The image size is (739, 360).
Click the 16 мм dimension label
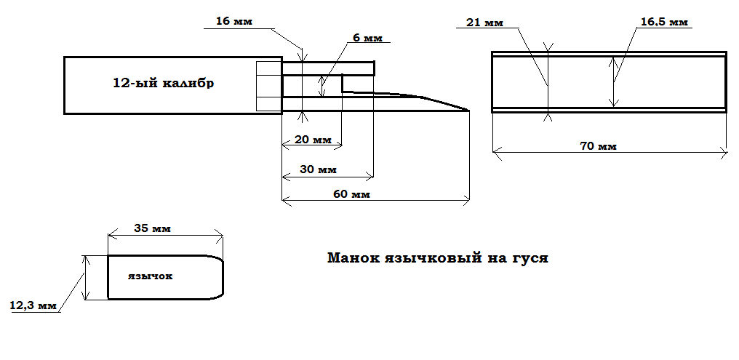tap(233, 21)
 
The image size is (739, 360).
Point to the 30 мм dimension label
tap(317, 169)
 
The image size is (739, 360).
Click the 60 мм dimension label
tap(352, 194)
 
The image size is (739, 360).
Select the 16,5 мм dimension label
tap(663, 23)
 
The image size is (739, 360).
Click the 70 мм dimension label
tap(598, 146)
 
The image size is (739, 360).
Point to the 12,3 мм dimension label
tap(33, 306)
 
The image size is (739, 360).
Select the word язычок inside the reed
tap(150, 277)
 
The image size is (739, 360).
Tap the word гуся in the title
tap(529, 257)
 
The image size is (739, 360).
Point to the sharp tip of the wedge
tap(468, 111)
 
